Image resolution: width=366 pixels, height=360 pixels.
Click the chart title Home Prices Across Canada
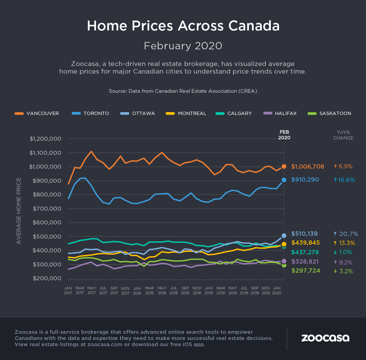coord(183,26)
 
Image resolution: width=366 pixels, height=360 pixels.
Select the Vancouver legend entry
coord(37,113)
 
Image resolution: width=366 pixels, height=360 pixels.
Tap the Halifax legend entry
coord(280,113)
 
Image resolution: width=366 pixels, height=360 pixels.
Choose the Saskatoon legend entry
coord(329,113)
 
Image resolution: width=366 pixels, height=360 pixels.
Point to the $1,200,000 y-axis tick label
coord(45,139)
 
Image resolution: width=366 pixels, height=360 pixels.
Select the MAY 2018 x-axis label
coord(162,290)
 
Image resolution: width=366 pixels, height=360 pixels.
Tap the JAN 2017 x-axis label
coord(68,290)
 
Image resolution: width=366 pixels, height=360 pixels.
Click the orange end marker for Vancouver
coord(284,166)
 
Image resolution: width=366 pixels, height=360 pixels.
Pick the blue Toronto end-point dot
coord(284,180)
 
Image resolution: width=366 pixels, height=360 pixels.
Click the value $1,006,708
coord(307,167)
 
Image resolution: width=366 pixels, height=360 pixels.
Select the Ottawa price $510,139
coord(304,234)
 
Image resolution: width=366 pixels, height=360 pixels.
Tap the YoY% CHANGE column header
coord(343,135)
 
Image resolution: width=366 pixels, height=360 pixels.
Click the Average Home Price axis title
coord(19,211)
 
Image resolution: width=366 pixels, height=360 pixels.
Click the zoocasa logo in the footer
coord(325,338)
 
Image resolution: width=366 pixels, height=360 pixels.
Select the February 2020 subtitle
coord(183,46)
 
